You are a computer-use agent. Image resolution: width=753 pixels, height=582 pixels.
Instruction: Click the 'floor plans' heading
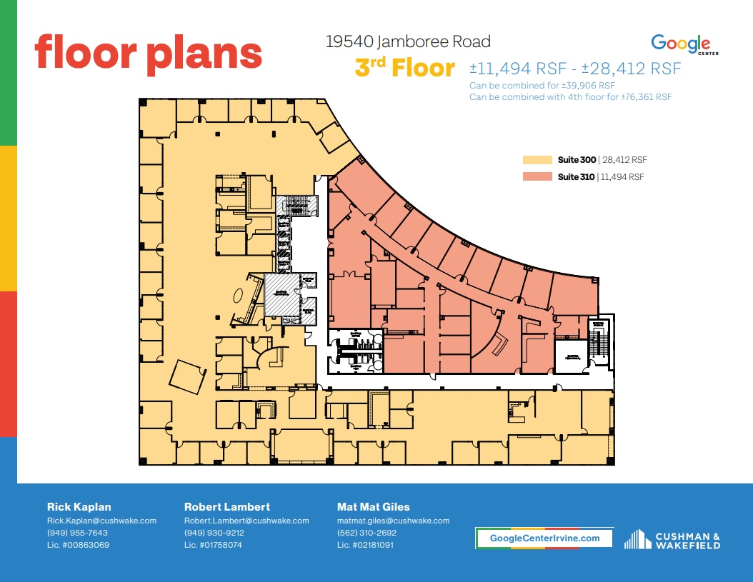149,53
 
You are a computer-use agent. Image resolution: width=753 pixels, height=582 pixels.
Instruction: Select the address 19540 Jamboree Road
408,42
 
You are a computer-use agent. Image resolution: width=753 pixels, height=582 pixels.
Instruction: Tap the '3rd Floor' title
404,69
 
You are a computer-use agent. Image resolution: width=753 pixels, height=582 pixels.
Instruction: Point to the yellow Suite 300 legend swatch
537,160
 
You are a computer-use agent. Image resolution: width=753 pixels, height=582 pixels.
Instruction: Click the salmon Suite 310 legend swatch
537,176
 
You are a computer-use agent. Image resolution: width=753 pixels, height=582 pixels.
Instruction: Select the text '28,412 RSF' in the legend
625,160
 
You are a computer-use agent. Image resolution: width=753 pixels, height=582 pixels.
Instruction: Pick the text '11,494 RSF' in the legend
624,176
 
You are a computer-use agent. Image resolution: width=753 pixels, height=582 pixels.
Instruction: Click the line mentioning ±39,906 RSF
542,86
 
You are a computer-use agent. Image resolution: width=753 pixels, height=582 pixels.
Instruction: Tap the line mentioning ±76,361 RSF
570,96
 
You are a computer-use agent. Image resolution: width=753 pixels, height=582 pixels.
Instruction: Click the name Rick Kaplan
79,507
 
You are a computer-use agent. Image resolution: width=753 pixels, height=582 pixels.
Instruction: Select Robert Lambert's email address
246,521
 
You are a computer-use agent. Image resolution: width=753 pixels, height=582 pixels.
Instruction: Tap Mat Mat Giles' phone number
366,533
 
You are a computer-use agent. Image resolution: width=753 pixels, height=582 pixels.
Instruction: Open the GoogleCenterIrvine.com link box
544,538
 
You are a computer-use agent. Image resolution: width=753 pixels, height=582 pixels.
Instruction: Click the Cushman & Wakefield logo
672,540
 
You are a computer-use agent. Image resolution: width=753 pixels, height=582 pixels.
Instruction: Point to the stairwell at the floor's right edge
599,340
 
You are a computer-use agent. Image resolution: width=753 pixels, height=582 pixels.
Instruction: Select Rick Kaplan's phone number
77,533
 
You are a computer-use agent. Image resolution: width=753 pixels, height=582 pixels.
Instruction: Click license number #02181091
365,545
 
